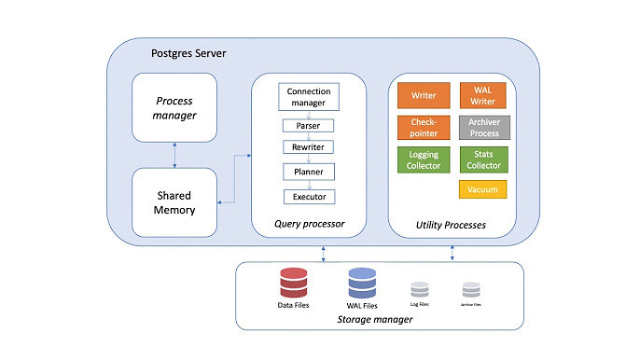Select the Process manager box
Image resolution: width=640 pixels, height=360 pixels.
click(x=174, y=107)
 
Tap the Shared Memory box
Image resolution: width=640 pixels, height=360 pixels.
click(x=174, y=201)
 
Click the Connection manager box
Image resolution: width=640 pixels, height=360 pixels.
click(x=309, y=96)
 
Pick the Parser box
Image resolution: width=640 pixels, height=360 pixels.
click(x=309, y=125)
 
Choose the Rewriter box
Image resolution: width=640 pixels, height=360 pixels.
click(x=309, y=147)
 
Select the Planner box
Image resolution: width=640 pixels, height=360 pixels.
click(x=309, y=172)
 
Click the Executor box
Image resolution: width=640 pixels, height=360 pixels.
click(x=309, y=197)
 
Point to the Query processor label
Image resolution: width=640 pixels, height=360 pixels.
click(x=309, y=223)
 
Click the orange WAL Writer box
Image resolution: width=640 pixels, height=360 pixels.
click(x=482, y=95)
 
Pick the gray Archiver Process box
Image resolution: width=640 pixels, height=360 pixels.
click(x=482, y=127)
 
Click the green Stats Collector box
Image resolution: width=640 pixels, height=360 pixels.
click(x=482, y=159)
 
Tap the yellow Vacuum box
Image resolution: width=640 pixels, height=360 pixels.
click(x=482, y=189)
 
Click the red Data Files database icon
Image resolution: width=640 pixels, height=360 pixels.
click(x=294, y=282)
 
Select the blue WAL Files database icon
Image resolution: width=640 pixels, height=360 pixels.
click(x=361, y=282)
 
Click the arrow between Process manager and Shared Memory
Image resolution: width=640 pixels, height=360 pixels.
click(x=174, y=154)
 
